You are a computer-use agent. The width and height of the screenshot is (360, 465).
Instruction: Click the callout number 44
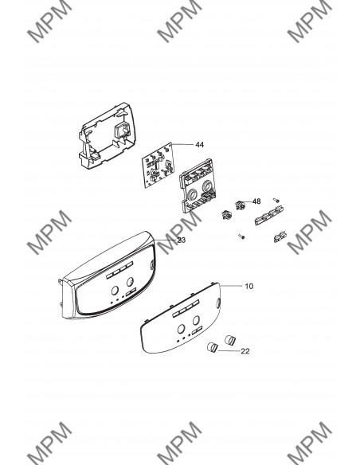point(200,145)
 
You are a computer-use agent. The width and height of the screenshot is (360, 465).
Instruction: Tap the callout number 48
point(256,201)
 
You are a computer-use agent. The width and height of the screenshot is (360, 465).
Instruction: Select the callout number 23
point(181,240)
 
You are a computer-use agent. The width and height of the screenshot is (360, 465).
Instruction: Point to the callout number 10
point(249,286)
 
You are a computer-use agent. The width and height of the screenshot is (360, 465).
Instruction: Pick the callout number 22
point(245,351)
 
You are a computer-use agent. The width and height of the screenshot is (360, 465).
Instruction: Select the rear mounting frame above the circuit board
point(108,135)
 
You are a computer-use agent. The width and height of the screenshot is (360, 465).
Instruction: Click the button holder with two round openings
point(197,186)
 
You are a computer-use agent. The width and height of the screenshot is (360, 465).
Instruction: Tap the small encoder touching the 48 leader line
point(240,205)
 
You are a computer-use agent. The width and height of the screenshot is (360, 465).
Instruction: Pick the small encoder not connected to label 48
point(226,214)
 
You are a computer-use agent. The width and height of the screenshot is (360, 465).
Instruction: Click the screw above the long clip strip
point(276,200)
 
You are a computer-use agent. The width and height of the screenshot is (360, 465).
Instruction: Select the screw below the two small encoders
point(241,236)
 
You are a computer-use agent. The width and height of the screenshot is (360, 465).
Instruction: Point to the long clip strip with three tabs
point(268,217)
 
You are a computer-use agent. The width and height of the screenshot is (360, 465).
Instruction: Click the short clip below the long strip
point(280,237)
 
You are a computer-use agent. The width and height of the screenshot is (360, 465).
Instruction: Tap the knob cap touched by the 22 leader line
point(212,346)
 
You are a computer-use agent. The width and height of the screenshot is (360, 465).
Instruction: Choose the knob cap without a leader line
point(230,340)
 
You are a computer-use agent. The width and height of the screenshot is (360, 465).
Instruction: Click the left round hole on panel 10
point(181,329)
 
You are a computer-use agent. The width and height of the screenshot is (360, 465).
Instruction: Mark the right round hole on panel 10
point(196,320)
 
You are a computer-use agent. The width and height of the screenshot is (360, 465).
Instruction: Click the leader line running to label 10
point(231,286)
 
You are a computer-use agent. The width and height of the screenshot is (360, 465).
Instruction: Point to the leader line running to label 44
point(182,144)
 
